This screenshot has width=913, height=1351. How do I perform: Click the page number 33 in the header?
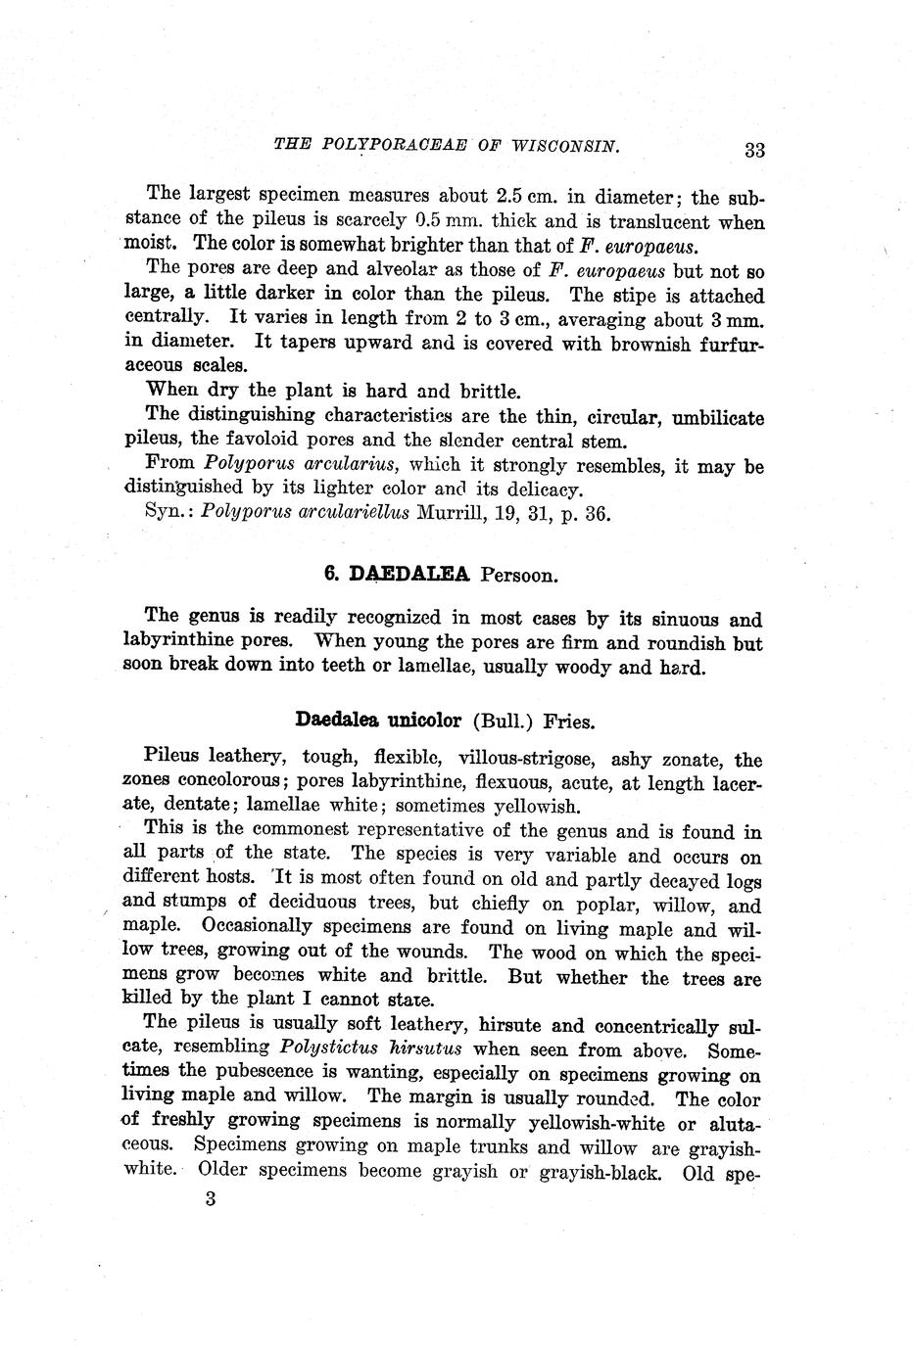coord(753,150)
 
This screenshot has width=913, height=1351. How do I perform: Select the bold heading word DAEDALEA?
coord(409,574)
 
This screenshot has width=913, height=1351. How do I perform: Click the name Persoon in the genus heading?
coord(519,575)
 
